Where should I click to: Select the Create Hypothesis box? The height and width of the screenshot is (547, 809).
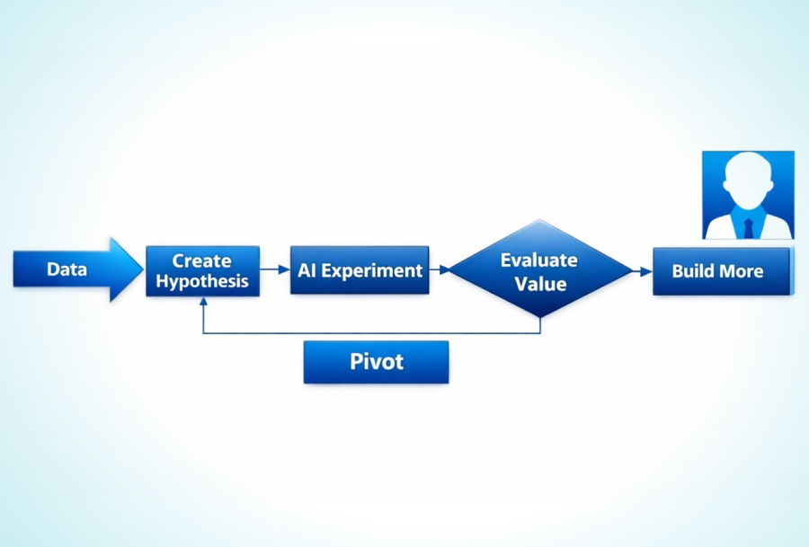point(202,270)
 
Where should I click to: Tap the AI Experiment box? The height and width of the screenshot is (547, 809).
point(360,270)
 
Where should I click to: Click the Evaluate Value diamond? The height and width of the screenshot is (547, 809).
point(540,270)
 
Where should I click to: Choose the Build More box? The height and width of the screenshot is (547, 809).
point(722,271)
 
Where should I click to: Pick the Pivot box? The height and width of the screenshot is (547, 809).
point(376,362)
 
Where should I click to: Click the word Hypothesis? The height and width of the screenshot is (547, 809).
point(202,281)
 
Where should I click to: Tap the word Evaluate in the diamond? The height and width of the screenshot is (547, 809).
point(539,260)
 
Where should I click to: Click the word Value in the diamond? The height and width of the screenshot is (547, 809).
point(541,284)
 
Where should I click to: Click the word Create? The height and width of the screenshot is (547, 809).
point(202,260)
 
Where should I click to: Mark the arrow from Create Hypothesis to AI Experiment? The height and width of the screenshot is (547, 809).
point(275,269)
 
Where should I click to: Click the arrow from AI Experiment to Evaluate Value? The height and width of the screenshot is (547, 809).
point(440,269)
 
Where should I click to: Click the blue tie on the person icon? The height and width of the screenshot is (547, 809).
point(749,225)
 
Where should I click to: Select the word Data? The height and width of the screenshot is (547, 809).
point(67,269)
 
